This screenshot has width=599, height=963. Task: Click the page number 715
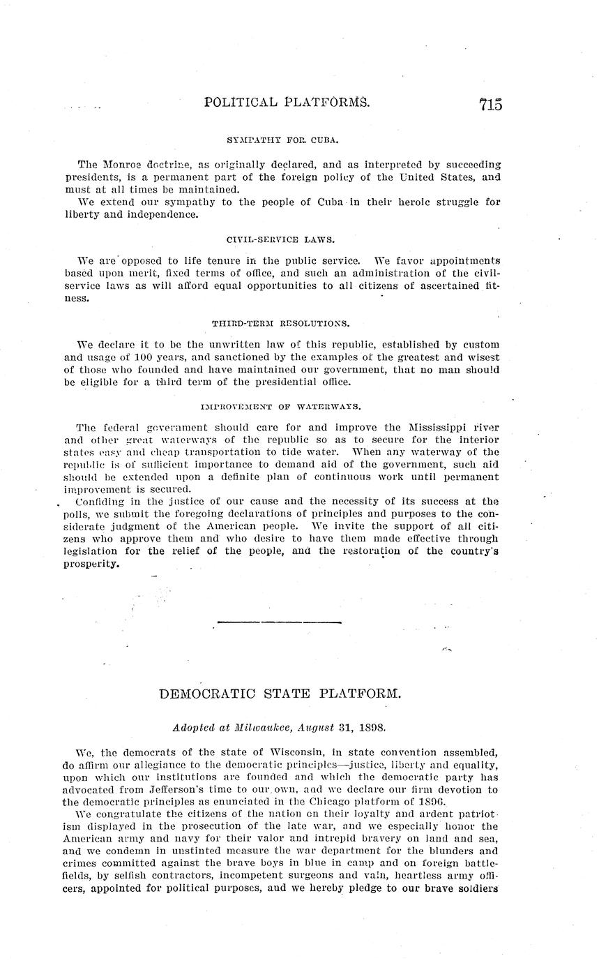(490, 105)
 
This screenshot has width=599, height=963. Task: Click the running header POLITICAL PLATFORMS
(287, 103)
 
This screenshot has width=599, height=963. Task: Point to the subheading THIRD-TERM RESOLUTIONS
(280, 323)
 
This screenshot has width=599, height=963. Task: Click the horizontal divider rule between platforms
(280, 621)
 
